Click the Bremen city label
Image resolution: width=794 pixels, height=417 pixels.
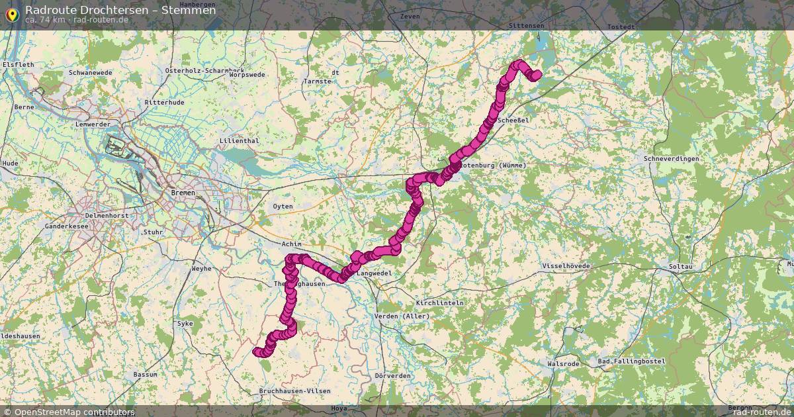pos(183,193)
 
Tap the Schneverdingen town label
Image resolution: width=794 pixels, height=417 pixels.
pos(671,159)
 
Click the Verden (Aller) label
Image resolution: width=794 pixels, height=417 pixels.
pos(402,316)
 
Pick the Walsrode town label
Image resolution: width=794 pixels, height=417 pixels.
pos(564,364)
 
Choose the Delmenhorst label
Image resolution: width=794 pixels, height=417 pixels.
pos(106,216)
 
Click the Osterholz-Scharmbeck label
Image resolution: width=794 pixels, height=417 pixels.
pos(205,70)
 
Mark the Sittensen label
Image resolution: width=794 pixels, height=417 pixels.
pos(526,25)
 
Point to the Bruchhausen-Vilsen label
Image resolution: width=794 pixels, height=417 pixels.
pos(294,391)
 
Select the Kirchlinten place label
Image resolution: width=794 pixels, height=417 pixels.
pos(440,302)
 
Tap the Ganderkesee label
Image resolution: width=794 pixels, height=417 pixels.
pos(66,226)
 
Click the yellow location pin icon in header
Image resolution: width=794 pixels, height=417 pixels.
pos(11,15)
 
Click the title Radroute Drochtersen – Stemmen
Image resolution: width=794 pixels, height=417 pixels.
pos(120,10)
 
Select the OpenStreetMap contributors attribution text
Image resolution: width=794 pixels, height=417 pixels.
pos(75,412)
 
